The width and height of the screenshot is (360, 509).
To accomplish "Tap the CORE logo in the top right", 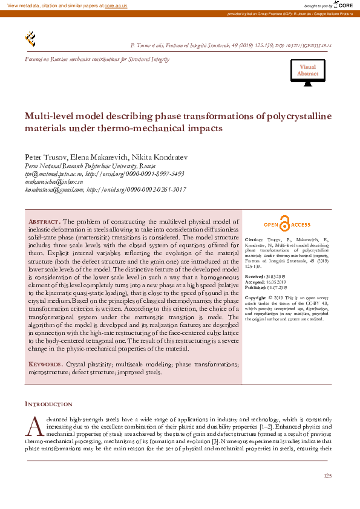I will pos(344,5).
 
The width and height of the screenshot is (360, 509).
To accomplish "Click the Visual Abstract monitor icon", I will pos(307,74).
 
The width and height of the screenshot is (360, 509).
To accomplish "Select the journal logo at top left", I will pos(30,39).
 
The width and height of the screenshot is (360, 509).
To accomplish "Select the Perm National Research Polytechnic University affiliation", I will pos(90,166).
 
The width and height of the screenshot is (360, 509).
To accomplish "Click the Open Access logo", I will pos(287,225).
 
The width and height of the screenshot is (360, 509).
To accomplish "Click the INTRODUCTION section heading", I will pos(48,404).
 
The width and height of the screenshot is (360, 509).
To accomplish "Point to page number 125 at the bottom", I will pos(327,477).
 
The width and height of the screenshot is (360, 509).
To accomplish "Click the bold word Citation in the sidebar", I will pos(254,240).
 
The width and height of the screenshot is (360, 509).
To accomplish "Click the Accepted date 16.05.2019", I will pos(277,282).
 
